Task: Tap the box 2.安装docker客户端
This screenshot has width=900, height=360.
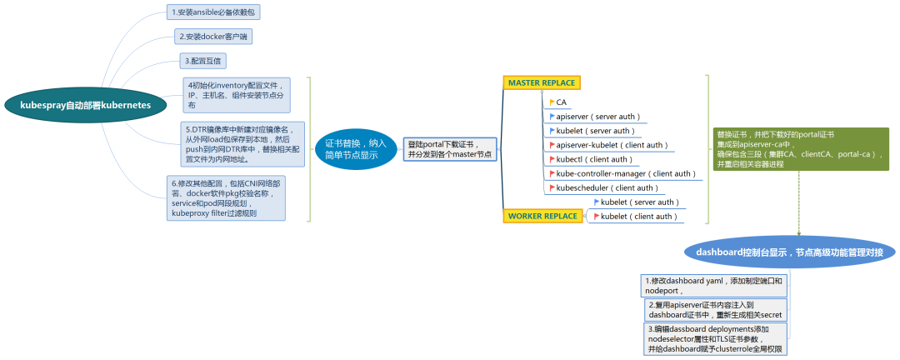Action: click(x=213, y=37)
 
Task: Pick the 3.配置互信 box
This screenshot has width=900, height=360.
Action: click(x=204, y=61)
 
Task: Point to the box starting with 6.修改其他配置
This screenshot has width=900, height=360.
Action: click(x=227, y=198)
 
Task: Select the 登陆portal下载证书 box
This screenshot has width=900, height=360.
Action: click(x=450, y=149)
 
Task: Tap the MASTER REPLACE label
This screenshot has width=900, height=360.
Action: click(x=542, y=82)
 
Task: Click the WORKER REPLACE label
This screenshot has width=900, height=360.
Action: click(x=542, y=216)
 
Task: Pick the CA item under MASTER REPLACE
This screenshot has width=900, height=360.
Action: click(x=561, y=102)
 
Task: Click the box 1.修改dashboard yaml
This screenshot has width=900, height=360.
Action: click(x=715, y=286)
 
